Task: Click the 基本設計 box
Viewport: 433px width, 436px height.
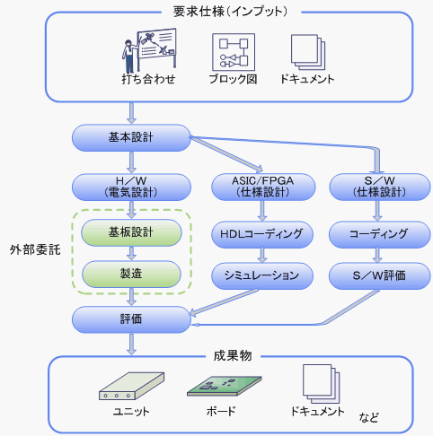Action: tap(131, 138)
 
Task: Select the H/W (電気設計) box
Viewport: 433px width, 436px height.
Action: tap(131, 187)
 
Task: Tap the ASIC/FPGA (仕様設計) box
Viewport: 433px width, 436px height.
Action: tap(263, 187)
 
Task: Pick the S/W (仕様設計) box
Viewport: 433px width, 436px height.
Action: tap(379, 187)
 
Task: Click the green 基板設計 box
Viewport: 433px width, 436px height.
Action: tap(131, 232)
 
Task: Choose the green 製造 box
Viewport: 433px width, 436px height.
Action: tap(131, 274)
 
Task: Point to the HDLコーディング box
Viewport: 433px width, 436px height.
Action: tap(262, 234)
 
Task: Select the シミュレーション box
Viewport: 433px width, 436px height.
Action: tap(262, 275)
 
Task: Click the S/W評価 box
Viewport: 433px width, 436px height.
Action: tap(379, 275)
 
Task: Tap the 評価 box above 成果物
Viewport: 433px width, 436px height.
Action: tap(131, 319)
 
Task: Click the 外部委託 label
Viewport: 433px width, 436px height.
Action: tap(35, 249)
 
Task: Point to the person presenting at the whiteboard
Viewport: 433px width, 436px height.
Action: tap(129, 57)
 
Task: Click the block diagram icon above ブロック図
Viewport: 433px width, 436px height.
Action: tap(234, 52)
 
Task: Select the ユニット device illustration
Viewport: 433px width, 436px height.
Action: tap(131, 386)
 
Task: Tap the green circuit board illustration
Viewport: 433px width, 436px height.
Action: tap(224, 386)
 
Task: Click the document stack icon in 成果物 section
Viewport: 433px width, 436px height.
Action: tap(322, 384)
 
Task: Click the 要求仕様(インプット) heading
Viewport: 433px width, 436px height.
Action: tap(230, 12)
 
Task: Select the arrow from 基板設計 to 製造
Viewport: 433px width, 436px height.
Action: tap(131, 253)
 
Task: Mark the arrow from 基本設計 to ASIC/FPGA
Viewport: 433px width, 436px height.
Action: tap(226, 153)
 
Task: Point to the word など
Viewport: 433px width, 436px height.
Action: tap(369, 417)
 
